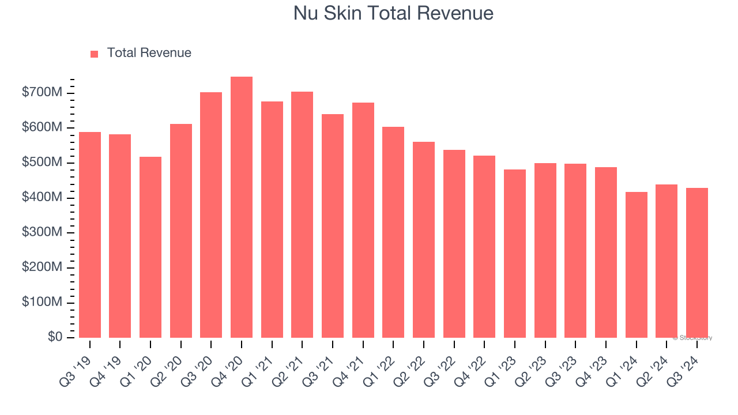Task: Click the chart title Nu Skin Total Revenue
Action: [x=393, y=13]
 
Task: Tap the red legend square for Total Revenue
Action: [x=95, y=54]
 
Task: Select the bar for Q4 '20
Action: [x=242, y=207]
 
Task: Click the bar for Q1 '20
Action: [x=150, y=247]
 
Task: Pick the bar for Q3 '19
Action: [x=90, y=235]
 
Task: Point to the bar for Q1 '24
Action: [x=636, y=265]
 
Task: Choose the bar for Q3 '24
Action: [x=696, y=263]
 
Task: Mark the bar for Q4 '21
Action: [x=363, y=220]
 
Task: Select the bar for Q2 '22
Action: [x=424, y=240]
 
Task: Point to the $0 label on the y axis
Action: [x=55, y=337]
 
